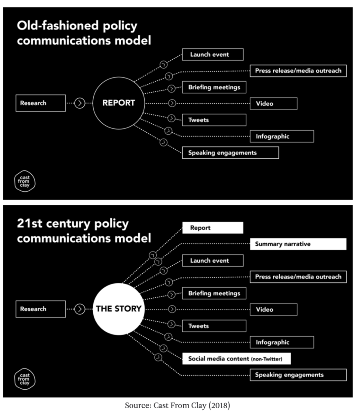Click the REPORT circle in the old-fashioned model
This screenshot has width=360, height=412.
click(x=118, y=103)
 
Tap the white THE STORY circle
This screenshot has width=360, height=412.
click(x=118, y=309)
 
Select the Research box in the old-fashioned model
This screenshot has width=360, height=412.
click(x=41, y=103)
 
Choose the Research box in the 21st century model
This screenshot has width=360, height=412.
click(x=41, y=309)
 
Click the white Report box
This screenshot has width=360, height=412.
click(x=213, y=228)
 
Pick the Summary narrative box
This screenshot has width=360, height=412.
click(x=298, y=244)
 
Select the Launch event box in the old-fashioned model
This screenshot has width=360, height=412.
click(x=213, y=55)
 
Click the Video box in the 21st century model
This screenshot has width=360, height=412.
click(x=273, y=309)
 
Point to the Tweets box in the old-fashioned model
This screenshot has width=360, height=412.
click(x=214, y=120)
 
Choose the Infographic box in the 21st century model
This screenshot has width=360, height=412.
click(x=282, y=342)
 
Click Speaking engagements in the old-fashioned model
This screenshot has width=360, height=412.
click(x=230, y=152)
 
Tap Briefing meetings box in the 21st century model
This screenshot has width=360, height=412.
click(x=214, y=294)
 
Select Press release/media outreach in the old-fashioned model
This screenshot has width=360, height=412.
click(x=298, y=71)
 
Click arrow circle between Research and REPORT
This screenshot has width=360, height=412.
click(x=79, y=103)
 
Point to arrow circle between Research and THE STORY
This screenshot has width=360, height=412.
click(x=79, y=309)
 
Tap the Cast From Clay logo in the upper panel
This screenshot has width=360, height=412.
click(x=25, y=181)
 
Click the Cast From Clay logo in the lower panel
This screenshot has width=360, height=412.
click(x=25, y=379)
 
